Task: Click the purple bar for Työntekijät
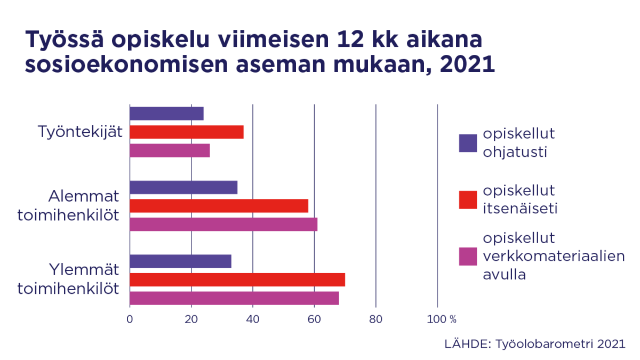pos(166,114)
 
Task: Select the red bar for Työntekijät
pos(187,132)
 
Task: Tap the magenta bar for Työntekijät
pos(170,150)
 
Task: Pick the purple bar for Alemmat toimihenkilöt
pos(183,187)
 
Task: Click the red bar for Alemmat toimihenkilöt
pos(219,206)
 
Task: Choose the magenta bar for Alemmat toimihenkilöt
pos(223,224)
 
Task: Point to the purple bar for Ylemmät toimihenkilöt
pos(180,261)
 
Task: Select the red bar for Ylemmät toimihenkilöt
pos(237,279)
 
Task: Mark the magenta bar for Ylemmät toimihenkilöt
pos(234,298)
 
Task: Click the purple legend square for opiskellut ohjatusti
pos(468,143)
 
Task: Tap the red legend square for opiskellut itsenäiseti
pos(468,199)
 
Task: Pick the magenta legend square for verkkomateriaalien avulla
pos(468,256)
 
